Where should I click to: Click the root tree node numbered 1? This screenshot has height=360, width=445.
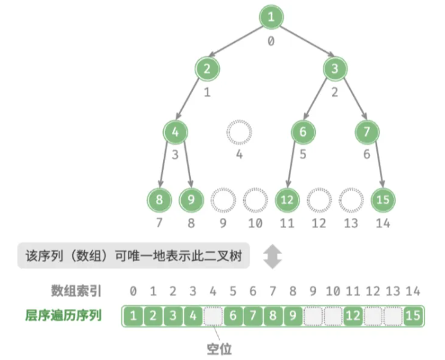tap(271, 17)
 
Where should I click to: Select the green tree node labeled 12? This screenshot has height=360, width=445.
tap(287, 200)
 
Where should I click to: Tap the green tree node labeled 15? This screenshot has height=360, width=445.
tap(383, 200)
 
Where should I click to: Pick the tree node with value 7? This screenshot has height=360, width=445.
tap(367, 132)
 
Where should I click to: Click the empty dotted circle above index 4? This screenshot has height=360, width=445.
tap(239, 121)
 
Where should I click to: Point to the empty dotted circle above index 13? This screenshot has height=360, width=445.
tap(351, 188)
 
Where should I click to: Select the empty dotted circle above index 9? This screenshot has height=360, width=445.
tap(223, 188)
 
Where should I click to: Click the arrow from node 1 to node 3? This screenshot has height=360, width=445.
tap(307, 41)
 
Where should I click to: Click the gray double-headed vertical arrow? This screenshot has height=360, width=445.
tap(272, 257)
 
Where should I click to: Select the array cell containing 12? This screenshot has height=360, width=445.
tap(353, 315)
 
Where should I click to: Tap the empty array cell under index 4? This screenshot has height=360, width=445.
tap(213, 315)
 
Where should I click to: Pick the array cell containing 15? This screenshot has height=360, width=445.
tap(413, 315)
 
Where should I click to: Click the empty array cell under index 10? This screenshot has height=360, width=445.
tap(333, 315)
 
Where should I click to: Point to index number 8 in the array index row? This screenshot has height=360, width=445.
tap(293, 291)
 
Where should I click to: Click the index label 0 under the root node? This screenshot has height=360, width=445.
tap(271, 41)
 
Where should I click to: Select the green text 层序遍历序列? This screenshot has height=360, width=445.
tap(63, 315)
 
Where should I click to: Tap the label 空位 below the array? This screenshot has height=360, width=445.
tap(219, 349)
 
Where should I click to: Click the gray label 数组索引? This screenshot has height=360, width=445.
tap(76, 291)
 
